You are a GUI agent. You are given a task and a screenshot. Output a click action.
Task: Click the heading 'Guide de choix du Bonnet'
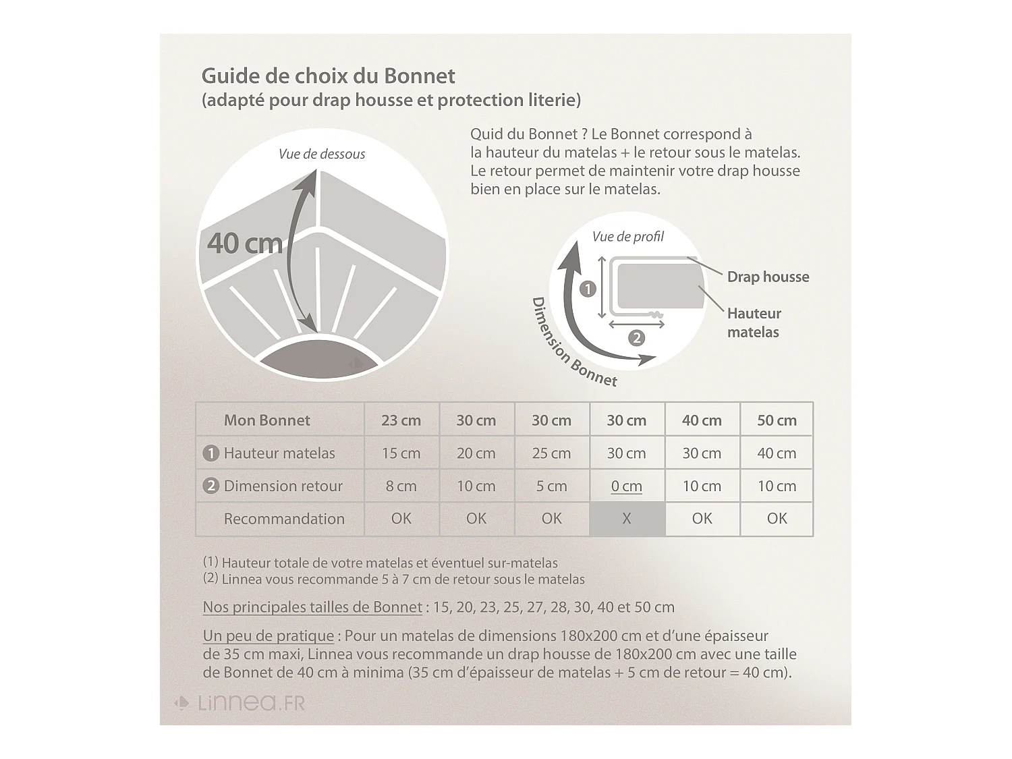[x=328, y=76]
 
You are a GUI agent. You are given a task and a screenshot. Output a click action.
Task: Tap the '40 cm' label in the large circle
[x=244, y=243]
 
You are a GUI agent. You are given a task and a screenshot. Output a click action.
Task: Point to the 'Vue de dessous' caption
[x=322, y=154]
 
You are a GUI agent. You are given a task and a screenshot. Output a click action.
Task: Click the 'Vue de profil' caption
[x=627, y=237]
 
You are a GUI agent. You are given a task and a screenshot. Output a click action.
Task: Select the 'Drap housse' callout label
[x=768, y=277]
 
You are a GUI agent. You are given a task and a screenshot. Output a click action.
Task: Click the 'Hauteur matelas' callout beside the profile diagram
[x=754, y=322]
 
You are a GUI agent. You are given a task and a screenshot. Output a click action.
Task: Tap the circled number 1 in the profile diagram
[x=588, y=289]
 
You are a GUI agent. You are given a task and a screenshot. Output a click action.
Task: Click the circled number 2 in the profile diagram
[x=636, y=338]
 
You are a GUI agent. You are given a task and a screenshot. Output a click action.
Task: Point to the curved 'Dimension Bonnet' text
[x=573, y=344]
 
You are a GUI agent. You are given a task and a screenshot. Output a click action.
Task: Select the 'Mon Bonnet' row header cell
[x=267, y=420]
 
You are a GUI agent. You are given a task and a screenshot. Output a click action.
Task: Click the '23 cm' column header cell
[x=401, y=420]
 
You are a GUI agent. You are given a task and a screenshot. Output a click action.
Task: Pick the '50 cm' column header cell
[x=777, y=420]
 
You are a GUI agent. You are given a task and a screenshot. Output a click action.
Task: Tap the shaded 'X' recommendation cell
[x=627, y=519]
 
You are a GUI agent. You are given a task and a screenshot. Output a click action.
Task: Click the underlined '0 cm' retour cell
[x=627, y=486]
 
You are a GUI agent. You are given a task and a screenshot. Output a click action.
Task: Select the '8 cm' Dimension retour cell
[x=401, y=486]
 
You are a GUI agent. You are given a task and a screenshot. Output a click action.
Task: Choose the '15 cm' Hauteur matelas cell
[x=401, y=453]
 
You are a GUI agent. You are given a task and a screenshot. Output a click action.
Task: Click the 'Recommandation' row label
[x=284, y=519]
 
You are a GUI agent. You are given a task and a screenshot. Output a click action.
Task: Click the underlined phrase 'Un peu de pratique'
[x=268, y=636]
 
